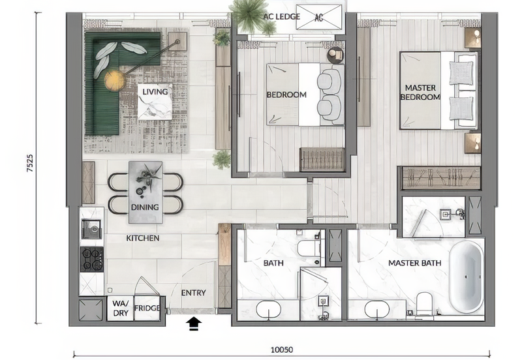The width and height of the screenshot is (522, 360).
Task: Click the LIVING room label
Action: [155, 92]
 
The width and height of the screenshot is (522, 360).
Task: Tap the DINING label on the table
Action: [144, 207]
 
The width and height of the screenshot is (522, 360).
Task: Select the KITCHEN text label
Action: [142, 238]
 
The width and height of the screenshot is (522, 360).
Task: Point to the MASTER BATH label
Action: [414, 263]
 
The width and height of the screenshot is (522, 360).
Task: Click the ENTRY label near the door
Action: [193, 293]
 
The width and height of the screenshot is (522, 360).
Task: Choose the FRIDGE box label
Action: [147, 308]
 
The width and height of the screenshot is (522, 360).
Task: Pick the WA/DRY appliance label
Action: [120, 308]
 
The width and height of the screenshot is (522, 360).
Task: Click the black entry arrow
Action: [194, 323]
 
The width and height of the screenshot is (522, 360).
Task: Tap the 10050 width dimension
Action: [281, 350]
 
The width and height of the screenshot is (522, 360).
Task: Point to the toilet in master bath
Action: [425, 303]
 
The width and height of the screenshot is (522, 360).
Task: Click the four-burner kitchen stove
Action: [91, 259]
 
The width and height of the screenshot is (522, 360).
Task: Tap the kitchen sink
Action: [90, 228]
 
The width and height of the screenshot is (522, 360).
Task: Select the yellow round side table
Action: [114, 80]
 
